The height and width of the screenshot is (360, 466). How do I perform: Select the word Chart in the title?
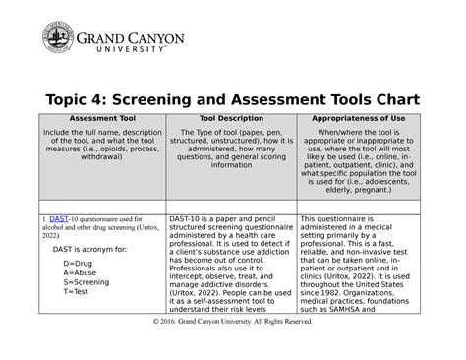coord(390,99)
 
